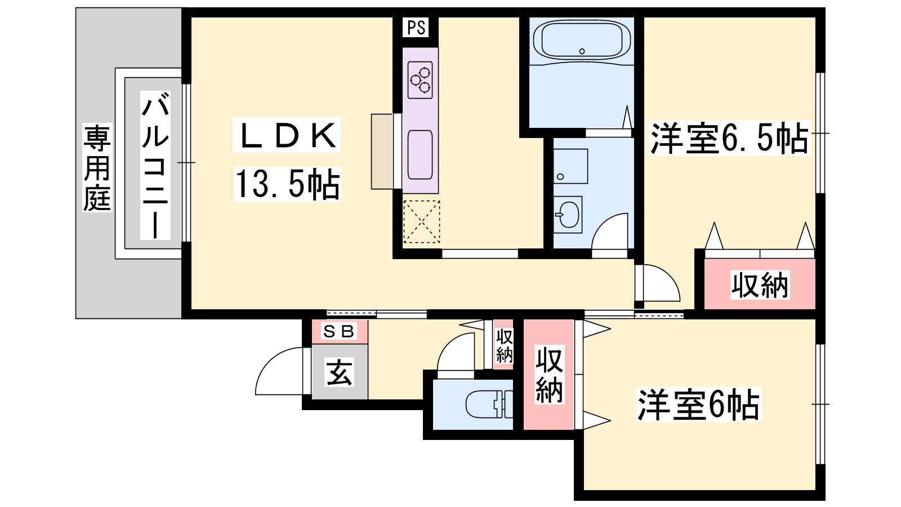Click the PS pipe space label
click(x=416, y=28)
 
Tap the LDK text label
click(x=287, y=135)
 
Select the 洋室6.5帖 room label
click(x=729, y=139)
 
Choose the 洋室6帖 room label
click(x=698, y=404)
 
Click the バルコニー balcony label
click(x=155, y=166)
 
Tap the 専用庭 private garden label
click(x=97, y=168)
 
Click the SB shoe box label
click(x=338, y=331)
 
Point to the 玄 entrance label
click(x=339, y=372)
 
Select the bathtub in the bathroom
click(x=582, y=41)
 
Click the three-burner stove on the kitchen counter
click(x=420, y=80)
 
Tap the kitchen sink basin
click(x=420, y=155)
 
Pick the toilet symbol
click(x=489, y=404)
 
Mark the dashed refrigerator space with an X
click(x=422, y=222)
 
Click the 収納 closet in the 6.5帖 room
click(x=760, y=284)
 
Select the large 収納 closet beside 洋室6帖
click(x=548, y=375)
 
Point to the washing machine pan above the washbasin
click(x=570, y=166)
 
